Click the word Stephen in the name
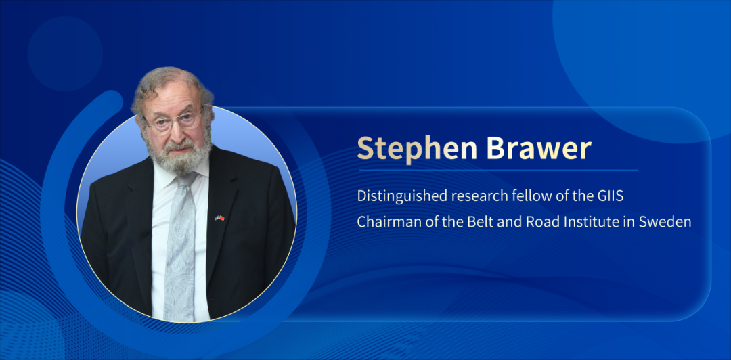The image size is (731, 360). tap(417, 148)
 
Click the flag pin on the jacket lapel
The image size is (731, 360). tap(219, 218)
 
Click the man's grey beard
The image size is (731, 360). tap(176, 156)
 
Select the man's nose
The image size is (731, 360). tap(176, 131)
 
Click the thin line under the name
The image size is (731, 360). tap(498, 171)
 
